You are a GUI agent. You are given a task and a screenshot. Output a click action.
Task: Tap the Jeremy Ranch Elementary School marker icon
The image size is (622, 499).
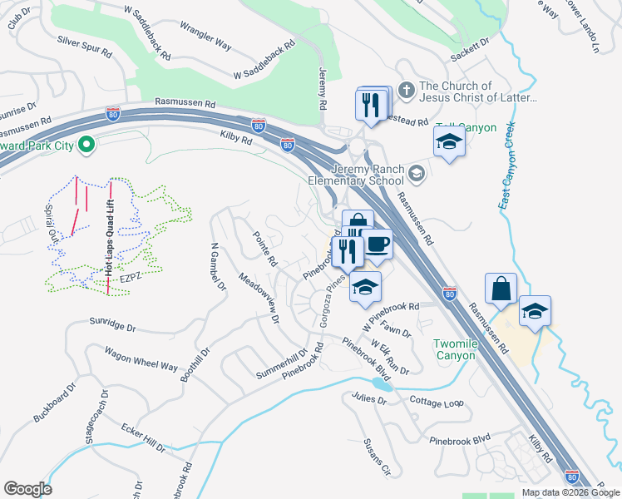tap(417, 173)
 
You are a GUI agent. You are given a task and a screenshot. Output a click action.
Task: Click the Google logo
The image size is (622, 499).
tap(27, 489)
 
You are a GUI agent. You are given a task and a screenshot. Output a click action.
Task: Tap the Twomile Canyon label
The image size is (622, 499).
tap(454, 349)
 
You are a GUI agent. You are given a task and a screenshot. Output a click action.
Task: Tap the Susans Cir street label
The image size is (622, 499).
tap(376, 458)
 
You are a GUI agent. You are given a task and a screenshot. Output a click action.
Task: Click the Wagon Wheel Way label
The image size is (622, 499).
tap(141, 358)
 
